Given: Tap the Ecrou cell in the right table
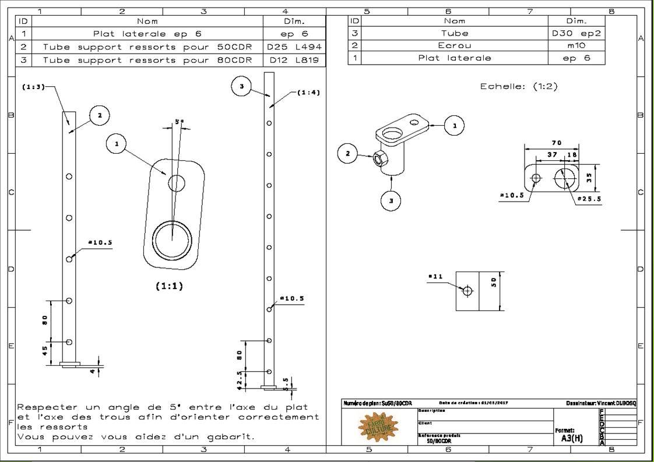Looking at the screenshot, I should coord(455,45).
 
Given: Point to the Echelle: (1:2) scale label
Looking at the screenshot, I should coord(519,86).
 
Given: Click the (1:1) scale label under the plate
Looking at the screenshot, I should coord(168,286).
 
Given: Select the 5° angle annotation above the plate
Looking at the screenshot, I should coord(179,122).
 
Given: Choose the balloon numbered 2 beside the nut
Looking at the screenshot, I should coord(348,154).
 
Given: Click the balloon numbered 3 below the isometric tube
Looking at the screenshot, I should coord(391,200).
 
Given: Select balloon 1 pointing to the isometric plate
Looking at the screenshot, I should coord(455,125).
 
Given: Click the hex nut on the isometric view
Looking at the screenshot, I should coord(378,158).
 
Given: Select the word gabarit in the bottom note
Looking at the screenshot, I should coord(230,436).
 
